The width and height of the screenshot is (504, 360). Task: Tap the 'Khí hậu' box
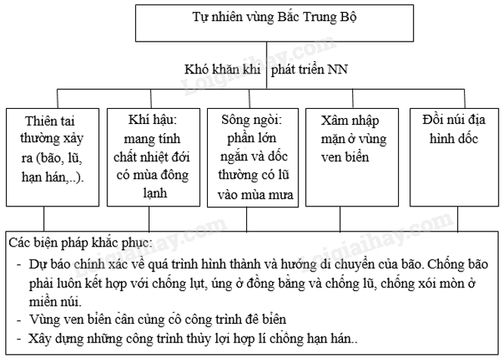151,157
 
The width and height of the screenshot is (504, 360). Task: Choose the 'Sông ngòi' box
252,158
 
